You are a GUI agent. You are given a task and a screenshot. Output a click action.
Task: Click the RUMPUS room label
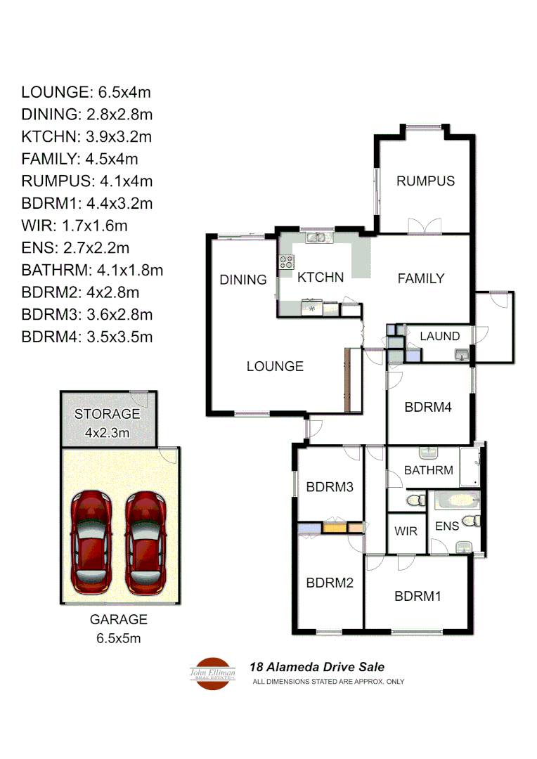tap(425, 181)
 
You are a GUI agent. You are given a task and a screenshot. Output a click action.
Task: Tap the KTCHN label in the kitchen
tap(321, 278)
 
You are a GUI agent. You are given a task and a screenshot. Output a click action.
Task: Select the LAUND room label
tap(440, 337)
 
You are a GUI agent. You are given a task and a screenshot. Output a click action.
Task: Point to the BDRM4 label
tap(428, 407)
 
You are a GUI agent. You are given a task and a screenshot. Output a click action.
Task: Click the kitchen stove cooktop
tap(287, 263)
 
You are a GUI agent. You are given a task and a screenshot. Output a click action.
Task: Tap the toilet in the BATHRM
tap(416, 500)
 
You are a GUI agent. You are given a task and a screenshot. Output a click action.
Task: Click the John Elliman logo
tap(213, 673)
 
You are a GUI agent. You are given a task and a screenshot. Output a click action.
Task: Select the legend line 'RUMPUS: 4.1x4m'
tap(87, 181)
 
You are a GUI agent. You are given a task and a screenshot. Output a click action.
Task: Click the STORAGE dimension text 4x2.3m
tap(108, 433)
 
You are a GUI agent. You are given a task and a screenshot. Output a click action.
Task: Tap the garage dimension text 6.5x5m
tap(119, 638)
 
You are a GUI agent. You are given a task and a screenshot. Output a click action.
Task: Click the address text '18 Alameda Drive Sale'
tap(318, 668)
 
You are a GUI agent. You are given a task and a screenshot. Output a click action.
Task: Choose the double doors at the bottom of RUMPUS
tap(425, 226)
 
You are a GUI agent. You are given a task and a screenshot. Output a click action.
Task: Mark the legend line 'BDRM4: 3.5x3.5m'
tap(87, 337)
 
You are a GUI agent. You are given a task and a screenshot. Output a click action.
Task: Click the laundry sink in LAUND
tap(462, 355)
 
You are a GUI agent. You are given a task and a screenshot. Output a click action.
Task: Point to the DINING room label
tap(243, 280)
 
